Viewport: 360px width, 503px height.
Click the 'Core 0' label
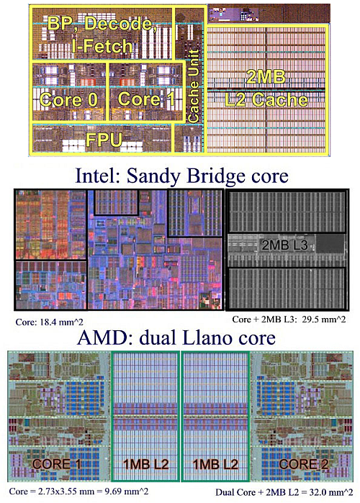(68, 99)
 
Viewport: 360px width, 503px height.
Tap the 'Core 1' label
(146, 99)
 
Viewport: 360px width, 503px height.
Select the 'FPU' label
(104, 140)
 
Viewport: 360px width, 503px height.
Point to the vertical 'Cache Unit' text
(193, 86)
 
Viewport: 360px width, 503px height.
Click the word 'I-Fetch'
(102, 46)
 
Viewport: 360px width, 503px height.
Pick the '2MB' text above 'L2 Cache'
(266, 77)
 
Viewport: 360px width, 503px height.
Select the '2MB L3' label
(285, 245)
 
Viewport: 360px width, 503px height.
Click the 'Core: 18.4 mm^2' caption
(49, 322)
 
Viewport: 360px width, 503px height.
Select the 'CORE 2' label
(304, 464)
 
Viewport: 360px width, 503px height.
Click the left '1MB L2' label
(146, 464)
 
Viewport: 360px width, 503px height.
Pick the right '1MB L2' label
(215, 464)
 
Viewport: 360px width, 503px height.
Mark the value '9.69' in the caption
(124, 491)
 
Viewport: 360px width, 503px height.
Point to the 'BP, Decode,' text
(102, 24)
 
